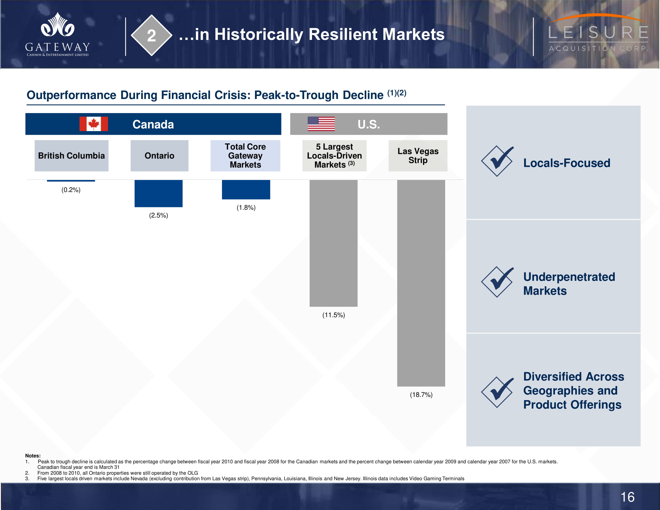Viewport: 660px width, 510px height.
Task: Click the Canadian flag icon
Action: pos(93,124)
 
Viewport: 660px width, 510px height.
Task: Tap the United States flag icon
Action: pos(321,124)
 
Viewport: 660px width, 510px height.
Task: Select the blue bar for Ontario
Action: pos(158,193)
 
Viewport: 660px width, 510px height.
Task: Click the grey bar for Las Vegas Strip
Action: pos(421,283)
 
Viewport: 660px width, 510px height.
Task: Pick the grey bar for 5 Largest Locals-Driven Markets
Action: pos(333,243)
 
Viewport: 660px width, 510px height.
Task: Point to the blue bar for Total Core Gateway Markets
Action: pos(246,189)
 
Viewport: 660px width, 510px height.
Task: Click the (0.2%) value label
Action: pos(71,190)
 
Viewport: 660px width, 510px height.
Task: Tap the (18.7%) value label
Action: pos(421,394)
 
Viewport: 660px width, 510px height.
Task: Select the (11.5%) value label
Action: pos(334,315)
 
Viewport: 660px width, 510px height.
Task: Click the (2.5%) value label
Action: pos(159,215)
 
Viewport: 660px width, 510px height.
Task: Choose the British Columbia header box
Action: pos(71,156)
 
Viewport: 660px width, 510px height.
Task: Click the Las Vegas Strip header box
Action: pos(418,156)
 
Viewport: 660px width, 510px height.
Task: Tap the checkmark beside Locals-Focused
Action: pos(498,161)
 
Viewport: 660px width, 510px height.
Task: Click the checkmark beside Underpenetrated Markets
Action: pos(498,282)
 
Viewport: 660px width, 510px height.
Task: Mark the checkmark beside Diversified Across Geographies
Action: pos(498,392)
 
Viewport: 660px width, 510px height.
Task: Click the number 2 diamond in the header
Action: pos(151,35)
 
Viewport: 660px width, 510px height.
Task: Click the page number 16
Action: pos(627,497)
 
